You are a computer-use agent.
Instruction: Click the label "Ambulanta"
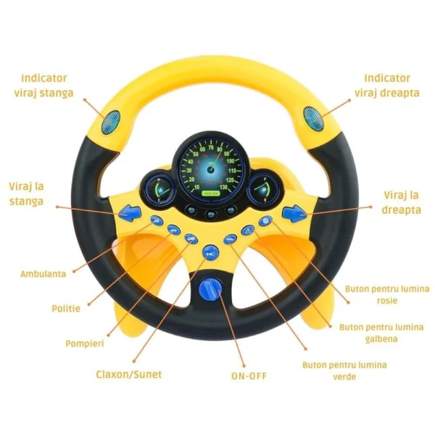(43, 274)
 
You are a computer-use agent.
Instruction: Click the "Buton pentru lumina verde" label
(344, 370)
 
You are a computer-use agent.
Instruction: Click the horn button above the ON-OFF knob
(211, 252)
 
